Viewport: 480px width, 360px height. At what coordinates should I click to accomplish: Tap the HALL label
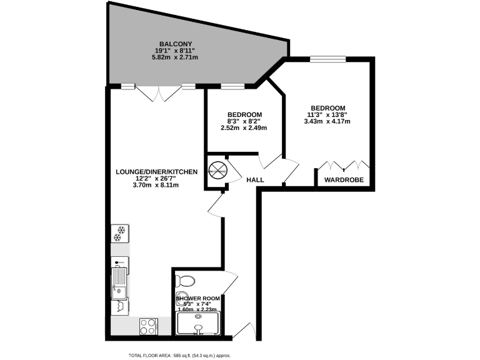[255, 180]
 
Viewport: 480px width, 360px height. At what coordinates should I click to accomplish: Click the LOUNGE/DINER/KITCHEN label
[157, 171]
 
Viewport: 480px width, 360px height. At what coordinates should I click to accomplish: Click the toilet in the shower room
[186, 279]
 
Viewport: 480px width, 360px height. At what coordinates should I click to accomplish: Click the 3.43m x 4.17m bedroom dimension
[327, 121]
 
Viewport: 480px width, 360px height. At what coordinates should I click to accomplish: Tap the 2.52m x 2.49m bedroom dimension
[244, 128]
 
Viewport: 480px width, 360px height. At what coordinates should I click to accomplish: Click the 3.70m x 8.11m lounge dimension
[156, 185]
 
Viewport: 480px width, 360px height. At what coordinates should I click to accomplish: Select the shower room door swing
[230, 283]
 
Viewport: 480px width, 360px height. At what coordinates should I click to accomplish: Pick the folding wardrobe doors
[344, 166]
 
